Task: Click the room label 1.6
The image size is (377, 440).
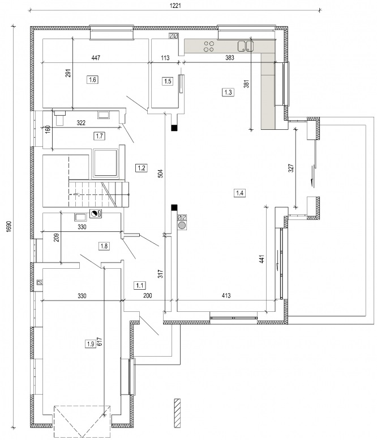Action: [92, 80]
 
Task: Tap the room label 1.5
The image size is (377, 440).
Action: [167, 82]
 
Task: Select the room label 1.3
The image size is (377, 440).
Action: [228, 92]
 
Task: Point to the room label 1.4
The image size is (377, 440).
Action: [240, 193]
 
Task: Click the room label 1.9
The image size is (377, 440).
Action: [91, 344]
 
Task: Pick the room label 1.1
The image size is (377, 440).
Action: [139, 286]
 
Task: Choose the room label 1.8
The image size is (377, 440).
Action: [104, 246]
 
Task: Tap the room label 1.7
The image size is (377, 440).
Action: [99, 137]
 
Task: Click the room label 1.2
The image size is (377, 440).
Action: [141, 168]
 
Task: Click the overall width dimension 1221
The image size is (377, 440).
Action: [175, 6]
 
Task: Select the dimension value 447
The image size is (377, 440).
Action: [96, 58]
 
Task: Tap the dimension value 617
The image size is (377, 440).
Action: [100, 341]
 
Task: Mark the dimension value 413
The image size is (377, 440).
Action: [226, 295]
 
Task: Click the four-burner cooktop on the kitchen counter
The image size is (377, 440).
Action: [209, 46]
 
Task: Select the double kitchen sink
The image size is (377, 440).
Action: [246, 46]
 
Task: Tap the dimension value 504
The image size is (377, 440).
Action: [160, 174]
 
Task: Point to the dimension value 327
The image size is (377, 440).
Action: [291, 168]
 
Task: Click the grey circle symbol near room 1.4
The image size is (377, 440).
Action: [182, 226]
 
